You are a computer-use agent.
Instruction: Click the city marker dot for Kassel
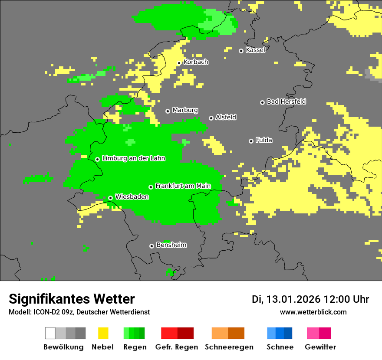(x=241, y=51)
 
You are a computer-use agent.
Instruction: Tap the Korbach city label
(x=196, y=62)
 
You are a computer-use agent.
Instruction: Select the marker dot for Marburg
(x=168, y=111)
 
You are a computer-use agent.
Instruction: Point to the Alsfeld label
(x=226, y=117)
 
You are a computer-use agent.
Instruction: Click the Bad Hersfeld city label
(x=286, y=101)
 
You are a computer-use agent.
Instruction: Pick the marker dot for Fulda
(x=251, y=141)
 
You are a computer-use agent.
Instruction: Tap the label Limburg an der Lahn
(x=134, y=158)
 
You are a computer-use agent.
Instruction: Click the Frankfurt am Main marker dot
(x=151, y=187)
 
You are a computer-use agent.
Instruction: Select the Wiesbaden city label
(x=132, y=197)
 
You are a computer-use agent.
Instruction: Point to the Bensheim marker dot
(x=151, y=246)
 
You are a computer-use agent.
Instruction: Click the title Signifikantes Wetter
(x=72, y=299)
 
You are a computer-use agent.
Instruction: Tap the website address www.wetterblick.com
(x=313, y=312)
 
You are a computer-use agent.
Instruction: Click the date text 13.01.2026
(x=293, y=299)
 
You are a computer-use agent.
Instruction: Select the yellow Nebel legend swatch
(x=103, y=333)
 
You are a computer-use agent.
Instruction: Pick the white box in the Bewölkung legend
(x=50, y=333)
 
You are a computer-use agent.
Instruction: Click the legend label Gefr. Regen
(x=177, y=347)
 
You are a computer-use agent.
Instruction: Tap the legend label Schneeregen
(x=229, y=347)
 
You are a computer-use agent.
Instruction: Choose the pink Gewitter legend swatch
(x=313, y=333)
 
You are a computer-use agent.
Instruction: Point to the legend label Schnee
(x=280, y=347)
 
